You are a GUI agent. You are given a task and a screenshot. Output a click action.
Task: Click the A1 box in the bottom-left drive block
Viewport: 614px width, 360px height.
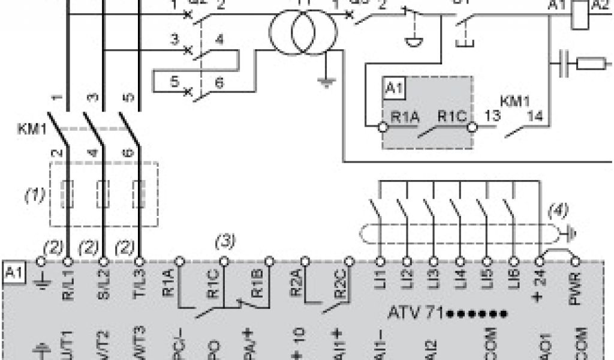pyautogui.click(x=13, y=271)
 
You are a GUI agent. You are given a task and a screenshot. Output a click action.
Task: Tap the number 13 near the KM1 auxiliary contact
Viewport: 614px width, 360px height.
pyautogui.click(x=491, y=116)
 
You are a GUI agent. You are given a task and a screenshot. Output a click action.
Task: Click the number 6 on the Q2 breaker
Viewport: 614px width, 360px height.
pyautogui.click(x=219, y=83)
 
